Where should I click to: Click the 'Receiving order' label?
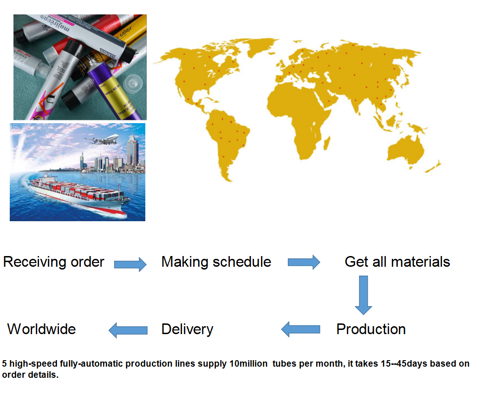(x=53, y=262)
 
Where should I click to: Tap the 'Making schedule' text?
(x=216, y=262)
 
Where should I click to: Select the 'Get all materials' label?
(x=397, y=262)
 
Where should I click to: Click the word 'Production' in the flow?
(x=371, y=329)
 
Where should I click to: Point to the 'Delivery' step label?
(x=187, y=329)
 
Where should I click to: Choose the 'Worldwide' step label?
(x=42, y=329)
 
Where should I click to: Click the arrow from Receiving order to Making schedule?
(x=130, y=264)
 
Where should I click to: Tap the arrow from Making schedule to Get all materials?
(x=304, y=262)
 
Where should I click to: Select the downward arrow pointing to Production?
(x=364, y=295)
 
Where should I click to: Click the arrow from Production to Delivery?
(x=301, y=329)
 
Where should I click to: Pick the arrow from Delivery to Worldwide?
(x=128, y=330)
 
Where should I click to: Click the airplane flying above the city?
(x=102, y=140)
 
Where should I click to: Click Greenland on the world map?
(x=262, y=46)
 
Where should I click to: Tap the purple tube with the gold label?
(x=116, y=93)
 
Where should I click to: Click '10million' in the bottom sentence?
(x=248, y=363)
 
